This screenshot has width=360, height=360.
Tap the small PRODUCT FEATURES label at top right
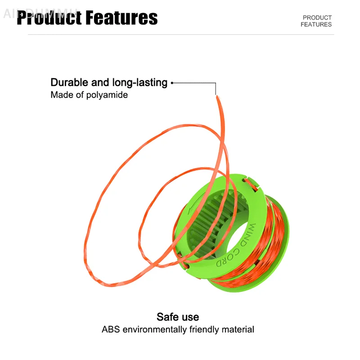pos(316,21)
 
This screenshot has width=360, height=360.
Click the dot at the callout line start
pos(172,83)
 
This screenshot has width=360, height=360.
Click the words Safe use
pos(178,317)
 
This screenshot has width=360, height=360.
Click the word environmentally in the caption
pos(156,329)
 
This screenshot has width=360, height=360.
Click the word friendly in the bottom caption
pos(205,329)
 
